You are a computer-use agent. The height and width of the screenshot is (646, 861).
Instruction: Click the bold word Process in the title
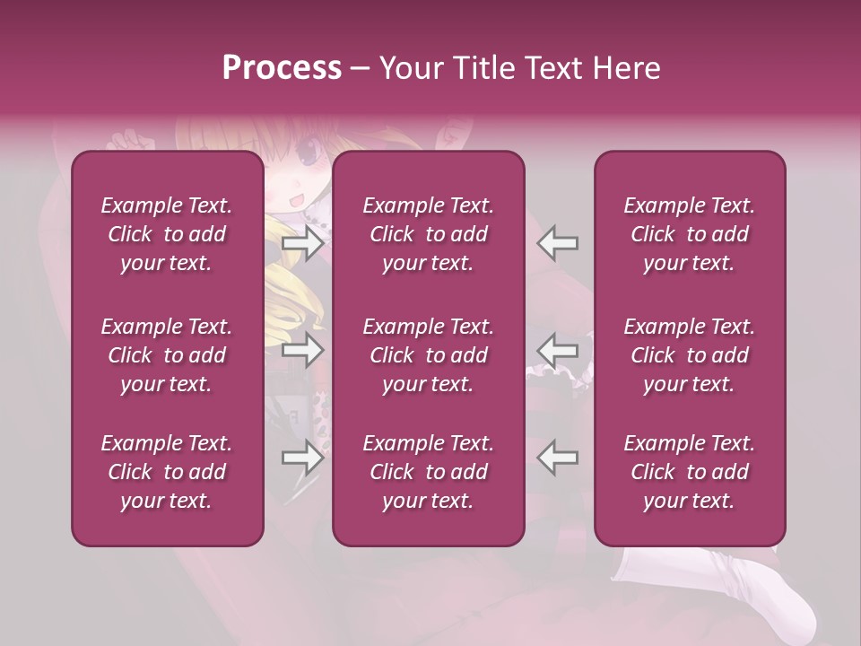click(x=282, y=68)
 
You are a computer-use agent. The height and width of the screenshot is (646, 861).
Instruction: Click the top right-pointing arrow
click(x=303, y=242)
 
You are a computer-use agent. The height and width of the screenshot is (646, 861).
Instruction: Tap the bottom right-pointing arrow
click(x=303, y=458)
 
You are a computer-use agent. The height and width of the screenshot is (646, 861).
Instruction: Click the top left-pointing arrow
click(x=557, y=242)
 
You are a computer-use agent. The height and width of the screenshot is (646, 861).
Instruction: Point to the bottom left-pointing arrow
click(x=557, y=458)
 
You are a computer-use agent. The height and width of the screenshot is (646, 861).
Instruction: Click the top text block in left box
click(x=167, y=234)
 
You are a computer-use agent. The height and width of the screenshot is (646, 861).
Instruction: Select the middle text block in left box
click(x=167, y=355)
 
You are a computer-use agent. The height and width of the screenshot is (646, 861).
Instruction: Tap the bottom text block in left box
click(x=167, y=472)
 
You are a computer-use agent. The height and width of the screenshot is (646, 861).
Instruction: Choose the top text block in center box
click(x=428, y=234)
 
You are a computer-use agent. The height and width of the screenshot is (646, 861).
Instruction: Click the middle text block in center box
click(x=428, y=355)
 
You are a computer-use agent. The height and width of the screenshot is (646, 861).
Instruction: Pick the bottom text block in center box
click(x=428, y=472)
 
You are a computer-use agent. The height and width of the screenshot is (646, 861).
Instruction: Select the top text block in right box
click(x=689, y=234)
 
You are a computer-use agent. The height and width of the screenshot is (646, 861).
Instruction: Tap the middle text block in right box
click(x=689, y=355)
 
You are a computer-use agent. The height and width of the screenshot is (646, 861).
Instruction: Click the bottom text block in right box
click(x=689, y=472)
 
